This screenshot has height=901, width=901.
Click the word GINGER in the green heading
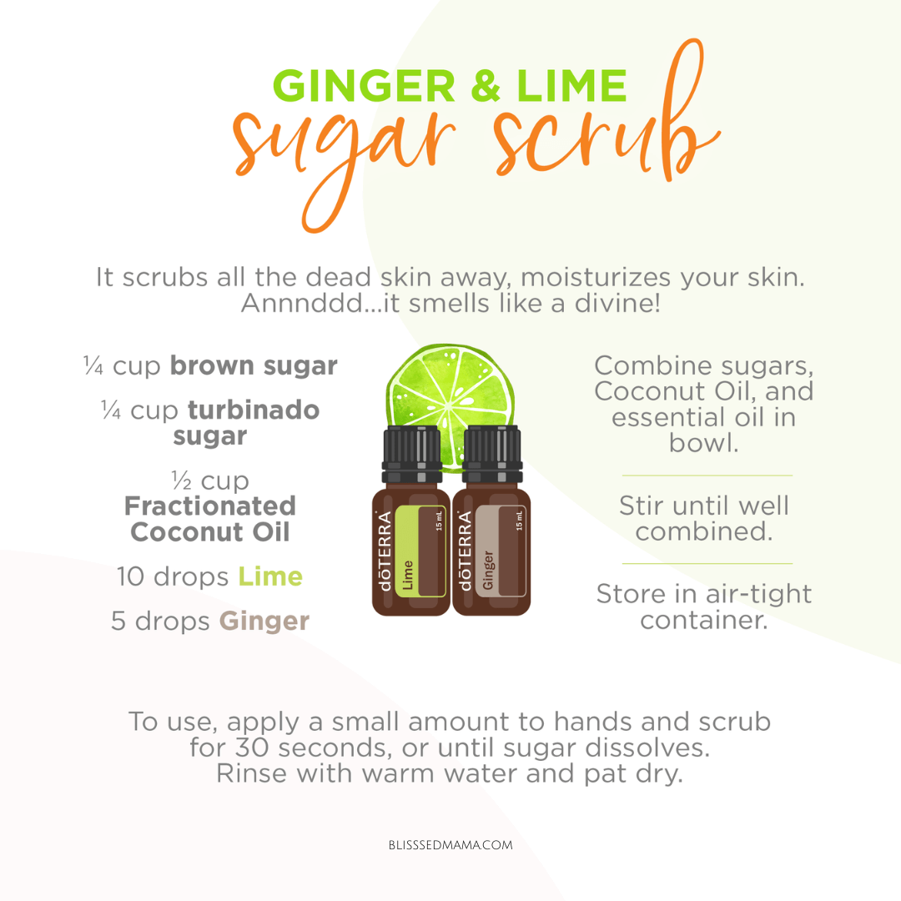tap(365, 86)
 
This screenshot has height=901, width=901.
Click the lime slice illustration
tap(450, 402)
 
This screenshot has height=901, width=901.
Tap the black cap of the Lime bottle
tap(412, 454)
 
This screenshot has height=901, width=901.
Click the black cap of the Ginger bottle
tap(492, 454)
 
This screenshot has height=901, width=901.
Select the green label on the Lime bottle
tap(420, 551)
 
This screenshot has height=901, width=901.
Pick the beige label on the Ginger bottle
tap(501, 551)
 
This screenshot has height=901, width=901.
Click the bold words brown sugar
tap(254, 366)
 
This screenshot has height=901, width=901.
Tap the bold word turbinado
tap(254, 410)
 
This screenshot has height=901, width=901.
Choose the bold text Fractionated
tap(210, 506)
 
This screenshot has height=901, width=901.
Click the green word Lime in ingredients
tap(270, 576)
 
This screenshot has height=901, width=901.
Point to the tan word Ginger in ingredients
tap(264, 622)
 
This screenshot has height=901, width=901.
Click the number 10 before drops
tap(130, 576)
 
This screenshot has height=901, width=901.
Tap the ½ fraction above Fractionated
tap(182, 479)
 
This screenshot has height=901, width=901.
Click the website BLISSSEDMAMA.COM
tap(450, 845)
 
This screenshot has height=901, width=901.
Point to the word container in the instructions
tap(704, 620)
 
